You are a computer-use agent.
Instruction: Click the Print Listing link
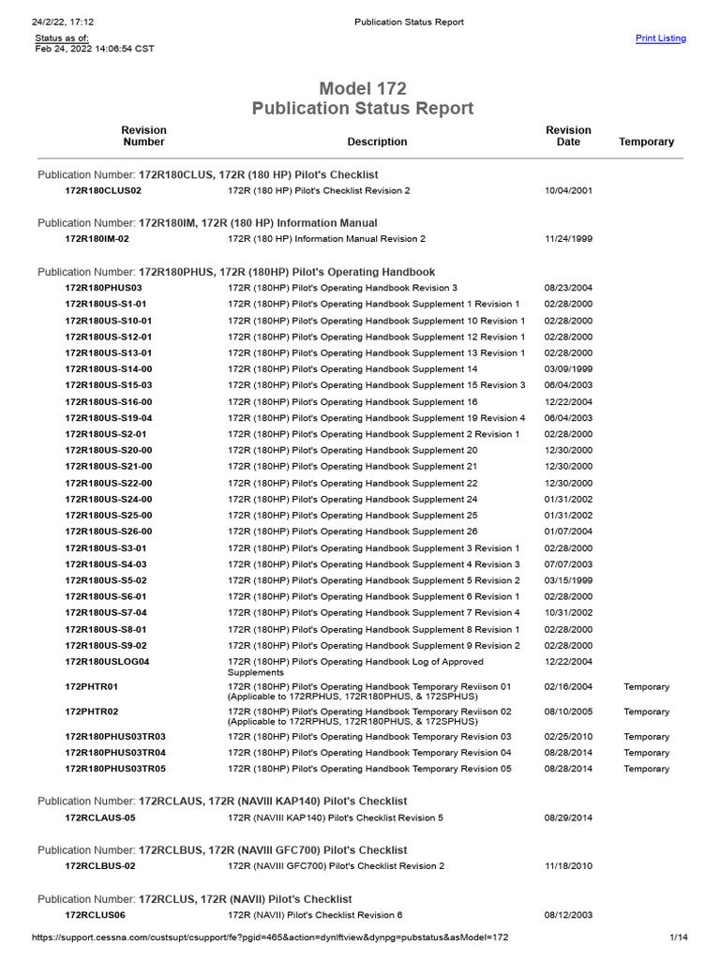(660, 38)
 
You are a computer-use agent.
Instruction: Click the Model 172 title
(363, 89)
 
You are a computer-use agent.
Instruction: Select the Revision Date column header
(568, 136)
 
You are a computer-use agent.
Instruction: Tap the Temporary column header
(646, 142)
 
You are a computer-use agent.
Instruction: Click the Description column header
(377, 142)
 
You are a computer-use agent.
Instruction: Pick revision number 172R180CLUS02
(103, 190)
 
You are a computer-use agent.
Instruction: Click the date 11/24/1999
(568, 239)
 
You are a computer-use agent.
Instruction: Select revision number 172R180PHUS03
(103, 288)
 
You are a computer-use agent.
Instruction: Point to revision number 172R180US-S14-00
(108, 369)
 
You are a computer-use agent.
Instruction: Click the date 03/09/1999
(568, 369)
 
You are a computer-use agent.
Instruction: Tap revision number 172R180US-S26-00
(108, 532)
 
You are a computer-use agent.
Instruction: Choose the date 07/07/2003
(568, 564)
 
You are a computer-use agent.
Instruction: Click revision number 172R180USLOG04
(107, 661)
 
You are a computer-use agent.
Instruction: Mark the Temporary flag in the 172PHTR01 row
(646, 687)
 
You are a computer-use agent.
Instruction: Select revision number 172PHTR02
(91, 712)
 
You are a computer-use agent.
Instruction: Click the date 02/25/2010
(568, 737)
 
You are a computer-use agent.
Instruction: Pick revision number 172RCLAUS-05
(100, 817)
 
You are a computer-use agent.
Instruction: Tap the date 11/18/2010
(568, 866)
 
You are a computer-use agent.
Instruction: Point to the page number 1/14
(679, 937)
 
